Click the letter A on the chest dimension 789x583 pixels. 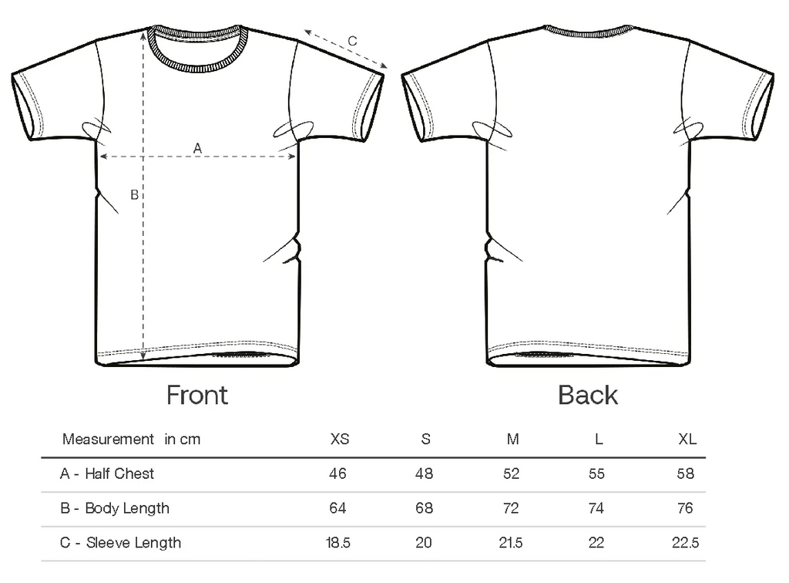(197, 149)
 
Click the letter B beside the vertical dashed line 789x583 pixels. (134, 195)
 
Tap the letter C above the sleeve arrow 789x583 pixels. (352, 41)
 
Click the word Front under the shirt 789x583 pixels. (197, 395)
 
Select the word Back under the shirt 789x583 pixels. (588, 395)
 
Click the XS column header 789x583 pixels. (340, 439)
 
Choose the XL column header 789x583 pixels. (687, 439)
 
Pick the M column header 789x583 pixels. (512, 439)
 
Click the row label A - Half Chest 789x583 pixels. (106, 473)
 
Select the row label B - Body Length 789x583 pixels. (115, 508)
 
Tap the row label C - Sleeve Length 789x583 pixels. (120, 543)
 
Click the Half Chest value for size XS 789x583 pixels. (337, 473)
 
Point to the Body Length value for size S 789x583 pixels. (425, 508)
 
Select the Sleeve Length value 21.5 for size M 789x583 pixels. (511, 543)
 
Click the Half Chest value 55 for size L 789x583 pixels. (596, 473)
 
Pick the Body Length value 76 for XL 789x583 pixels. (685, 508)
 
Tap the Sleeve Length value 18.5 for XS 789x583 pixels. (337, 543)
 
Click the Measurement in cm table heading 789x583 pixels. (131, 439)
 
